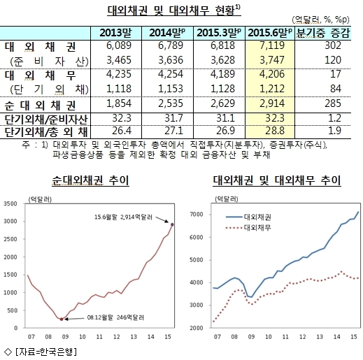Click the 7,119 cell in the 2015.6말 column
coord(272,45)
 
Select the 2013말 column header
coord(115,33)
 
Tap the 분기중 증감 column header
coord(323,33)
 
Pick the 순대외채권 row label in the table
coord(40,106)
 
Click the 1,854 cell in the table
coord(119,103)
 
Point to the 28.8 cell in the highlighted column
coord(275,131)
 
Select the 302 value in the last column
coord(333,45)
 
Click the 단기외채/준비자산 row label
coord(46,120)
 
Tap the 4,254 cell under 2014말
coord(171,74)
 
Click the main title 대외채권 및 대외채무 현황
coord(173,10)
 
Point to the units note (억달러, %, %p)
coord(321,20)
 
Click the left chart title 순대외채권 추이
coord(90,180)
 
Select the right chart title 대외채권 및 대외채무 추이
coord(277,180)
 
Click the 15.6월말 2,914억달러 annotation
coord(123,217)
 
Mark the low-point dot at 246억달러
coord(62,319)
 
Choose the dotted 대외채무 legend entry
coord(248,228)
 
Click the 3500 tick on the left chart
coord(10,204)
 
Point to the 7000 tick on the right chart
coord(197,215)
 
